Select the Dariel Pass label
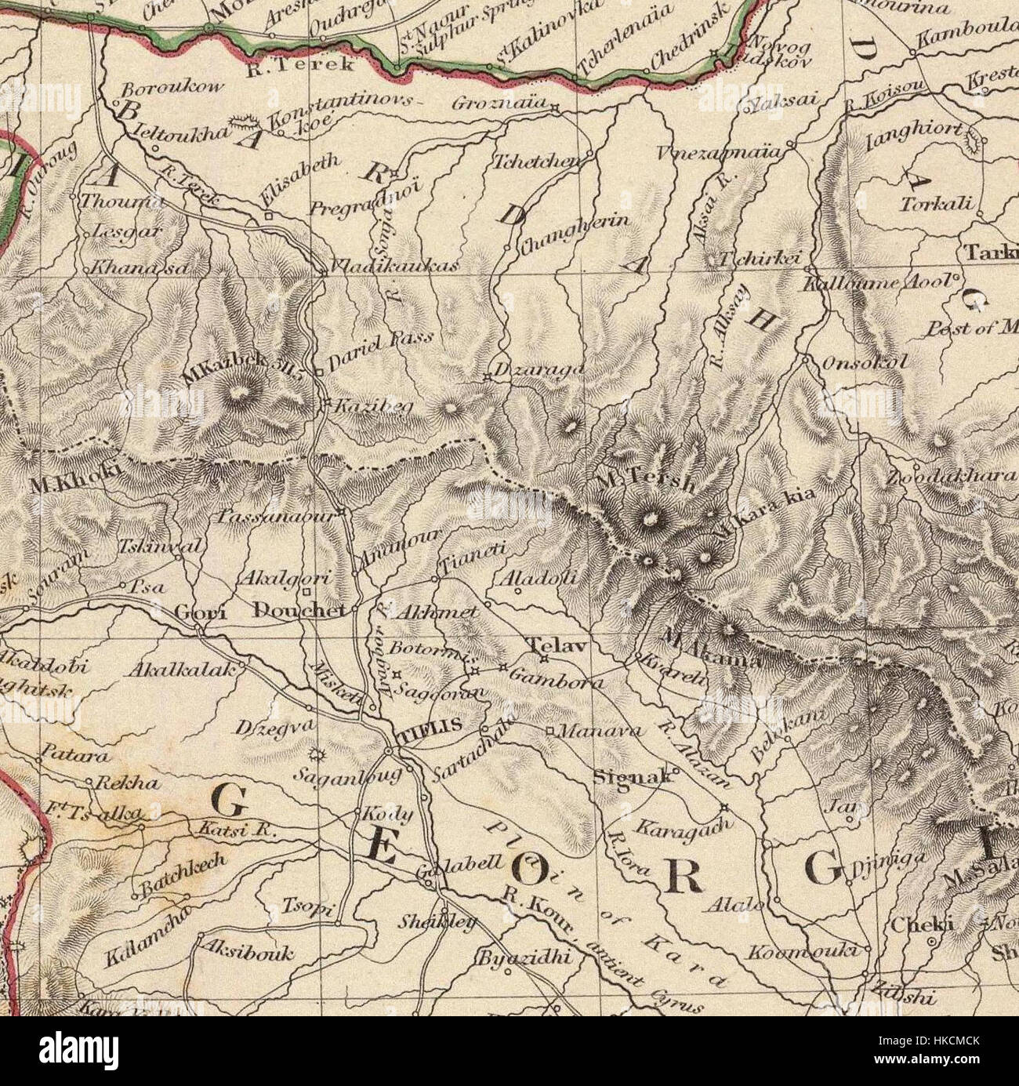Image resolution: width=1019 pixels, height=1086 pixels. click(x=380, y=345)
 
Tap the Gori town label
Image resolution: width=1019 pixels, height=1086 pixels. click(x=201, y=612)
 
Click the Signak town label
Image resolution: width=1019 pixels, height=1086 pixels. click(x=641, y=776)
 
